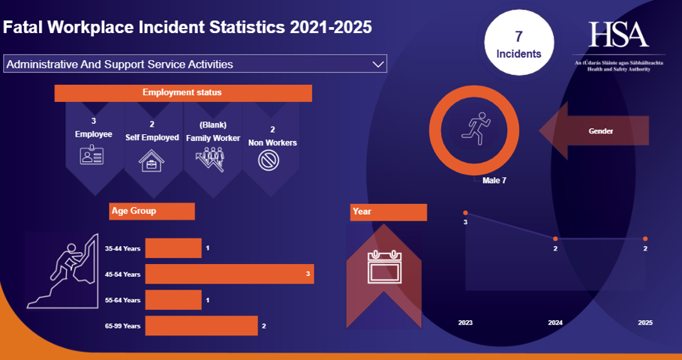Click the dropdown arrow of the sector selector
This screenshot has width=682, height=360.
pyautogui.click(x=378, y=64)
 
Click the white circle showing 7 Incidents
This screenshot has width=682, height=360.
pyautogui.click(x=518, y=45)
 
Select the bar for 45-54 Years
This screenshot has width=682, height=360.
pyautogui.click(x=229, y=274)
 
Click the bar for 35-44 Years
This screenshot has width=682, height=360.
pyautogui.click(x=173, y=248)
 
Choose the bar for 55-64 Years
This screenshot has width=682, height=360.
pyautogui.click(x=173, y=300)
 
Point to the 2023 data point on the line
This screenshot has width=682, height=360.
pyautogui.click(x=465, y=213)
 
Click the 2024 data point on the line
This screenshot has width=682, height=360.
pyautogui.click(x=555, y=238)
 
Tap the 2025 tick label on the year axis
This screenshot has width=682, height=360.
pyautogui.click(x=645, y=322)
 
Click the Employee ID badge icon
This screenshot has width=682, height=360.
pyautogui.click(x=93, y=156)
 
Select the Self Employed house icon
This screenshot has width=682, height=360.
pyautogui.click(x=152, y=160)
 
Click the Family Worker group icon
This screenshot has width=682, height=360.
pyautogui.click(x=212, y=160)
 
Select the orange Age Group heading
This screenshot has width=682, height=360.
pyautogui.click(x=152, y=211)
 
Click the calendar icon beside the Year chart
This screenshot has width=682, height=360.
pyautogui.click(x=385, y=267)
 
